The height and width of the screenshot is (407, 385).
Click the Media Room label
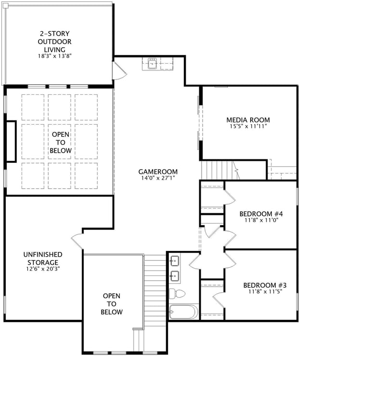(248, 120)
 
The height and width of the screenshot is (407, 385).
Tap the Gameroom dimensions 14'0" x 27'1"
(158, 178)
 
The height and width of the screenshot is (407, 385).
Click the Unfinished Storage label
(43, 258)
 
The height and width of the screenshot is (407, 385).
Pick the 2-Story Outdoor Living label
(55, 41)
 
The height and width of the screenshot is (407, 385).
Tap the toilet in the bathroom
(177, 293)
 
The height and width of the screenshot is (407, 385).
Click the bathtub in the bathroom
(183, 312)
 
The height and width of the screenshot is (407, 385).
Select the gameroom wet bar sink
(153, 63)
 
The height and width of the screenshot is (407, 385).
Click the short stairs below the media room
(217, 170)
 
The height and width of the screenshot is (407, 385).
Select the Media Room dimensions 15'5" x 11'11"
(248, 127)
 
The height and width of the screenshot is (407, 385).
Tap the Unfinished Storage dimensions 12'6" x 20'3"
(43, 269)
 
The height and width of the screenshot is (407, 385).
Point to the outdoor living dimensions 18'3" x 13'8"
(55, 56)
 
